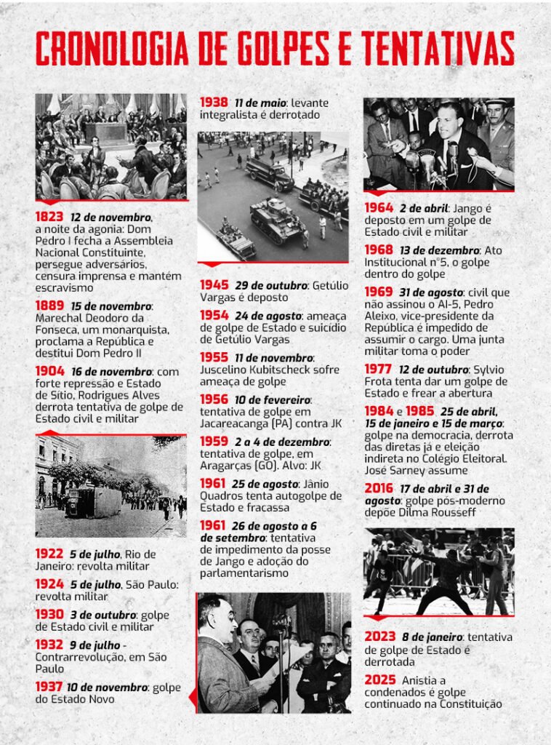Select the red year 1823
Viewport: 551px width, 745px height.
coord(49,217)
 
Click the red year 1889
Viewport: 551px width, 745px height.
coord(49,306)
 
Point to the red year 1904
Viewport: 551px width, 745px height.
coord(49,371)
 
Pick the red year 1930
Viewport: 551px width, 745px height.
coord(49,614)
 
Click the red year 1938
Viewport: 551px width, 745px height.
coord(214,103)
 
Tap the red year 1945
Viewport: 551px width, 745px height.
coord(214,284)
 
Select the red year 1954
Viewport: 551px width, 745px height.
coord(214,316)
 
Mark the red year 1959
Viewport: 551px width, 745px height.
coord(214,442)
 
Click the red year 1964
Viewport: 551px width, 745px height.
coord(379,207)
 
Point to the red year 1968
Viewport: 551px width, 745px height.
coord(379,250)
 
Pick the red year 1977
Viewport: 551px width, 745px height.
coord(379,369)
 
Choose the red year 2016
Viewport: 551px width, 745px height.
coord(379,488)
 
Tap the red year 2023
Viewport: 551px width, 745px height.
coord(379,637)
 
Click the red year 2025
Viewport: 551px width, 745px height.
coord(379,679)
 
